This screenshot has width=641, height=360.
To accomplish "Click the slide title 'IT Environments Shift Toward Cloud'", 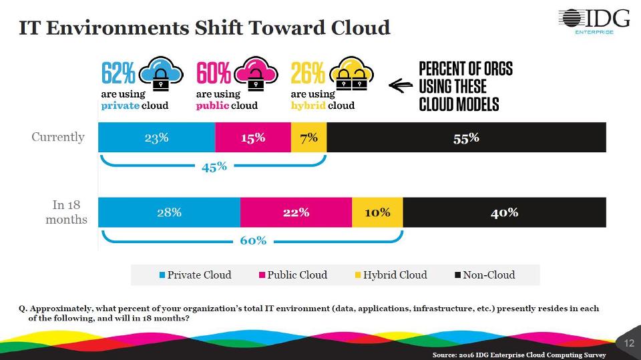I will point(204,27).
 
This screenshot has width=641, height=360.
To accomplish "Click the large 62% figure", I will point(118,72).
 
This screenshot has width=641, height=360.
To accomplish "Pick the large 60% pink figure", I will point(214,72).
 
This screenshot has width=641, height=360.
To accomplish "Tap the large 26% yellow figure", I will point(308,72).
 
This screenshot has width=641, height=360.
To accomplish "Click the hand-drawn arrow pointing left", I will point(400,85).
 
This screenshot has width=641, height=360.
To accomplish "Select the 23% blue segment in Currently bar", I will point(156,138).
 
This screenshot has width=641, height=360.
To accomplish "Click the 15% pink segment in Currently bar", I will point(252,138).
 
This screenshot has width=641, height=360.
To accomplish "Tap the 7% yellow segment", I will point(308,138).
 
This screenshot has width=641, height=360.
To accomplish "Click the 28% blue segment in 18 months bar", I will point(169,212).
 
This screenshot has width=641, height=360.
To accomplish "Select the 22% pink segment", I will point(296,212).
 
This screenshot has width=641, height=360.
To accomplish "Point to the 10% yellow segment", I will point(377,212).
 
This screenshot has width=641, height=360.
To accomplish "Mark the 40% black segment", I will point(504,212).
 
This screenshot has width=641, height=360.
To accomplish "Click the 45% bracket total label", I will point(214,167).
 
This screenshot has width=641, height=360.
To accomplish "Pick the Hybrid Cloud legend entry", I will point(390,275).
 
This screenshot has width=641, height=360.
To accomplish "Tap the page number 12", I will point(629,343).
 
